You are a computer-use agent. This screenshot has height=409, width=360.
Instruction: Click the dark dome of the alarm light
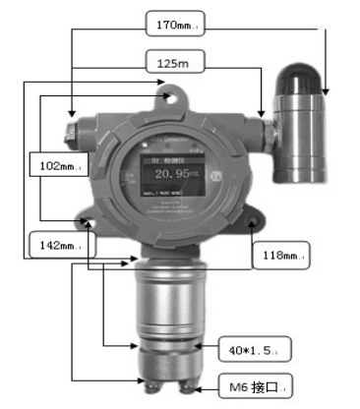click(302, 78)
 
